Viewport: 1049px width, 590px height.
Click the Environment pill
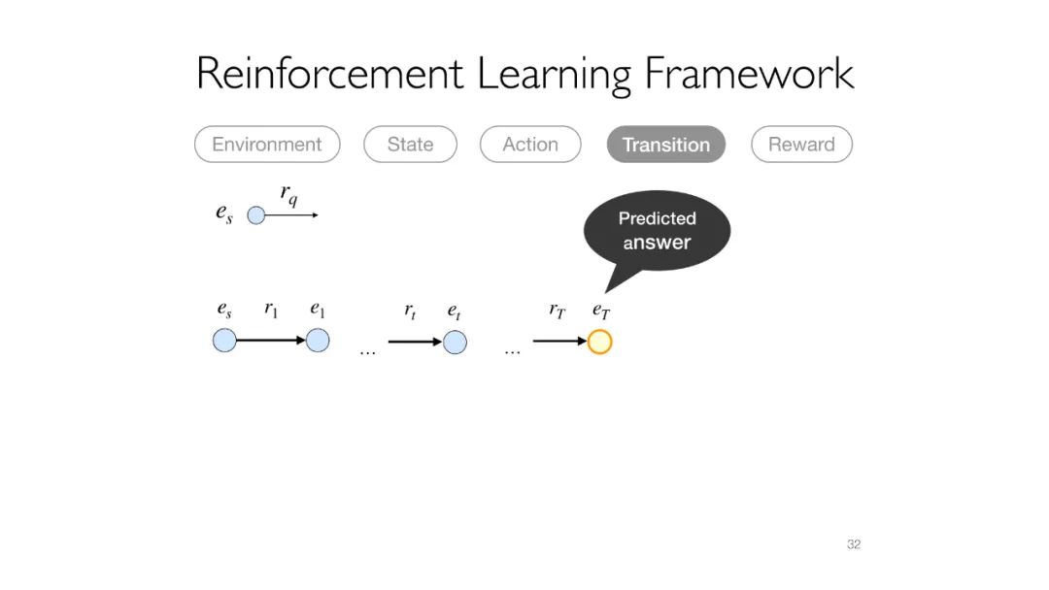267,145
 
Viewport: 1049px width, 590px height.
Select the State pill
410,145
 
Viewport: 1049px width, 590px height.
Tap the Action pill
530,145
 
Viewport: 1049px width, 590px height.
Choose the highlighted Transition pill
666,145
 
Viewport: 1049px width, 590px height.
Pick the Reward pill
801,145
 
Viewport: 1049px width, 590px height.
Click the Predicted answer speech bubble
657,231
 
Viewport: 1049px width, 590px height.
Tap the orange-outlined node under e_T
600,342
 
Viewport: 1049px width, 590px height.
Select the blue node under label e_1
318,341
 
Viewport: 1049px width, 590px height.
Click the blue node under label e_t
455,342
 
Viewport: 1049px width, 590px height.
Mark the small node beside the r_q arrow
255,215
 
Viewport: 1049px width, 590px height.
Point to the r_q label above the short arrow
289,195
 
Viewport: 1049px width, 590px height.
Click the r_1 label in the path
271,311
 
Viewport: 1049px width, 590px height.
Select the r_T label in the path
557,311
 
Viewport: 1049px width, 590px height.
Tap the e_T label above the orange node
601,311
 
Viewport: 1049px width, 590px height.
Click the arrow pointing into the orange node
559,342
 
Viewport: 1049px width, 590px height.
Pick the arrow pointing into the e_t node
415,342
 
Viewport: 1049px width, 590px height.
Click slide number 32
854,544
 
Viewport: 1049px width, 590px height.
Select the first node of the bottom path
224,341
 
